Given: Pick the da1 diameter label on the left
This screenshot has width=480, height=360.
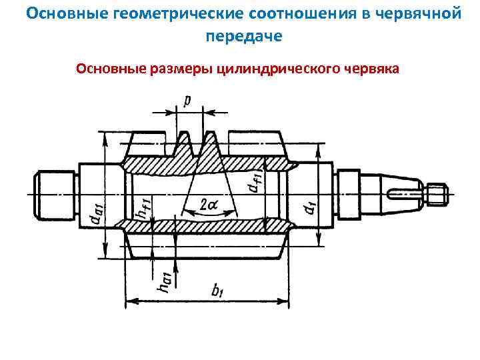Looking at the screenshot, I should click(x=98, y=212).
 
